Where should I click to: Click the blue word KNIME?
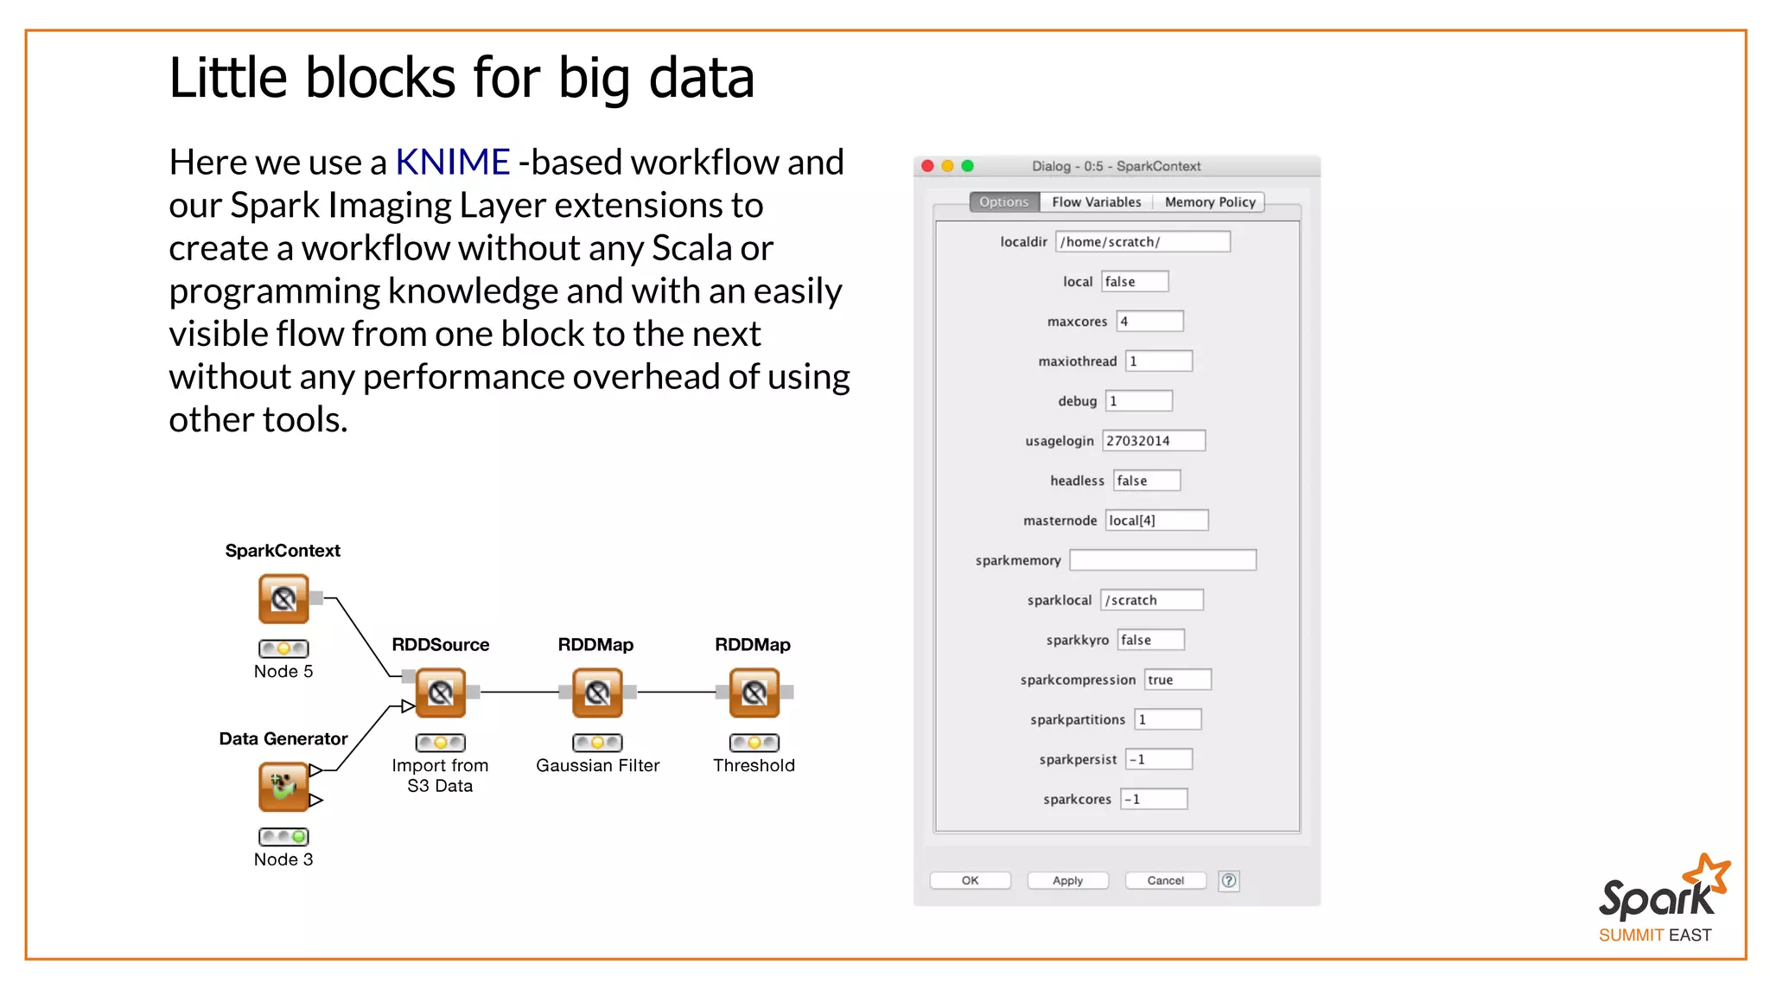tap(452, 162)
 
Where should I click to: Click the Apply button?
tap(1067, 880)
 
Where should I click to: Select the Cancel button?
tap(1165, 880)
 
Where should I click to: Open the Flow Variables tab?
tap(1096, 201)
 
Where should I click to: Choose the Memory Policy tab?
tap(1209, 201)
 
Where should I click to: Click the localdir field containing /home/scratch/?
tap(1143, 242)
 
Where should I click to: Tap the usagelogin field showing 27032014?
tap(1154, 441)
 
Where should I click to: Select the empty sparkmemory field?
tap(1162, 560)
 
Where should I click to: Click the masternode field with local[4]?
tap(1156, 520)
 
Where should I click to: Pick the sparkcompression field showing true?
tap(1177, 680)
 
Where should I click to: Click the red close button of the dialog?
tap(927, 166)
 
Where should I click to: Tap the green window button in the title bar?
tap(967, 166)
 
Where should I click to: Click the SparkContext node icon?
tap(283, 598)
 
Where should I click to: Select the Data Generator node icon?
tap(283, 786)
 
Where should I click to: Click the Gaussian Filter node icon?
tap(597, 693)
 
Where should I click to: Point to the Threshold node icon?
tap(754, 693)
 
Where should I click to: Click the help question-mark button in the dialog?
tap(1228, 880)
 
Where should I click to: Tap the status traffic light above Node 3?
tap(283, 836)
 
